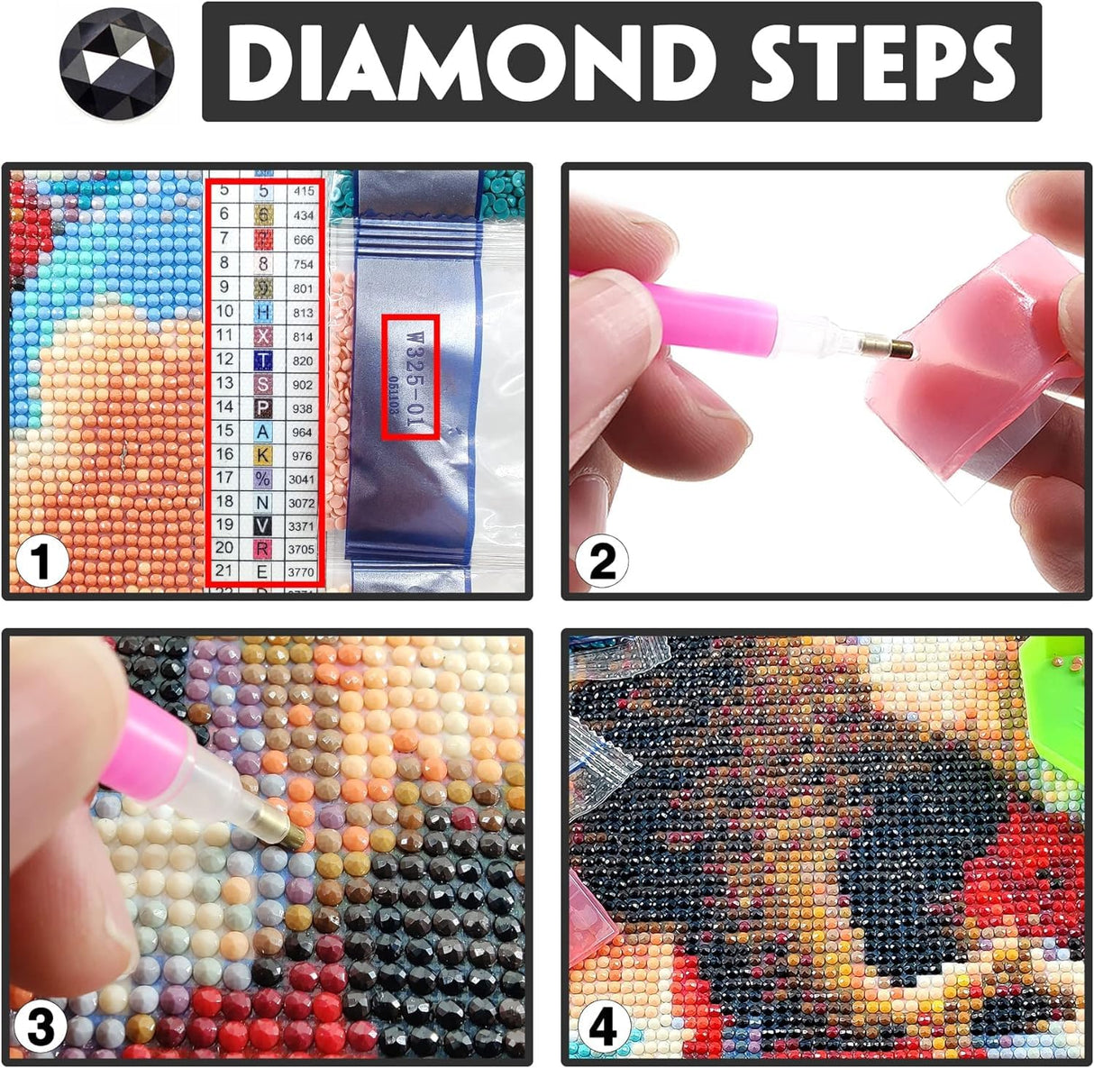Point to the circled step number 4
[603, 1027]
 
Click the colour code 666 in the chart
[304, 240]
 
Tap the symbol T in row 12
[263, 360]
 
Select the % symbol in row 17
[263, 478]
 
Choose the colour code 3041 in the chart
[303, 479]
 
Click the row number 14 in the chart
[224, 407]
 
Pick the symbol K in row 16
[263, 454]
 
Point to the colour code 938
[303, 408]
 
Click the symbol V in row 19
[263, 525]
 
